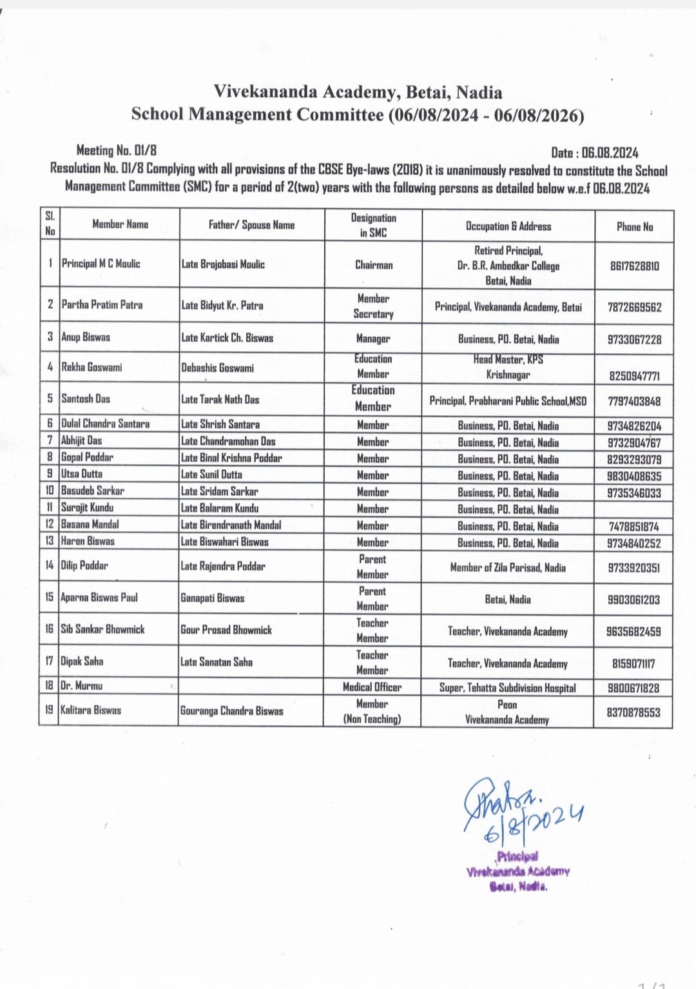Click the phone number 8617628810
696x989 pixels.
tap(634, 266)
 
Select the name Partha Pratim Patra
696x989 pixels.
tap(102, 304)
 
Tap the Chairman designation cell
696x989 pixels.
tap(373, 264)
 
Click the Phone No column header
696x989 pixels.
tap(634, 226)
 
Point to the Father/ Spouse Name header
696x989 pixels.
tap(251, 225)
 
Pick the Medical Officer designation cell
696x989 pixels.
tap(372, 687)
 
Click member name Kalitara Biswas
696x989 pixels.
tap(91, 710)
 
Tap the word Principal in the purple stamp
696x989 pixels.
tap(517, 857)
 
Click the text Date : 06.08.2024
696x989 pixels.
tap(594, 153)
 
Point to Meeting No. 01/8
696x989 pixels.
tap(116, 150)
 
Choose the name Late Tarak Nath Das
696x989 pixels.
tap(220, 400)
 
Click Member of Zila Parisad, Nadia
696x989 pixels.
tap(508, 567)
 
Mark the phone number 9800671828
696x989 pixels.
tap(633, 688)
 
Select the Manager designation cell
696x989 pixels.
tap(372, 338)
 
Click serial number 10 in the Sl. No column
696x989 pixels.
tap(50, 491)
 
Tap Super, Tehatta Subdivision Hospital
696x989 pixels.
tap(507, 688)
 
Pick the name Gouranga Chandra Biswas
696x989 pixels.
tap(231, 711)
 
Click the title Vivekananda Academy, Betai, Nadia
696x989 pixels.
tap(358, 92)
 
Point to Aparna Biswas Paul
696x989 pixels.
tap(99, 597)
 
